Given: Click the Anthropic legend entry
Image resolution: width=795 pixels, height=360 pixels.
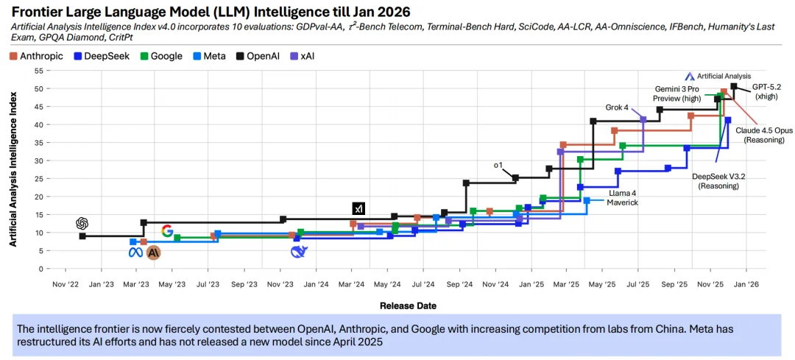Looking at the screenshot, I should [x=36, y=56].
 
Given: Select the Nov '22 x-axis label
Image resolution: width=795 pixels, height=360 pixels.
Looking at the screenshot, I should [x=65, y=283].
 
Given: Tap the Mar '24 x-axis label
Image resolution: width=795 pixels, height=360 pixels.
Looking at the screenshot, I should [x=352, y=283].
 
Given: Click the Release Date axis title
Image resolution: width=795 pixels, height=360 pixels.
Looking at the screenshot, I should [x=408, y=306].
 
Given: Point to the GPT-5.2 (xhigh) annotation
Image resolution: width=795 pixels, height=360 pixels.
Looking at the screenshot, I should [x=767, y=91].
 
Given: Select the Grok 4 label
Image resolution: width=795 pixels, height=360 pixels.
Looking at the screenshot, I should [x=617, y=107].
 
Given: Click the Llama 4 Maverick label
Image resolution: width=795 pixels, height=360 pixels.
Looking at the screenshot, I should [x=623, y=197].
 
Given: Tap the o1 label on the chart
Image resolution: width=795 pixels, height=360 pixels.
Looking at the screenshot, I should [x=498, y=166].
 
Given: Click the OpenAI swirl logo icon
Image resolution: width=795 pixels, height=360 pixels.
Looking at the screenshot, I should [x=82, y=223].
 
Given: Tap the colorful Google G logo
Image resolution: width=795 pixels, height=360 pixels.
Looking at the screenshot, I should [x=167, y=230].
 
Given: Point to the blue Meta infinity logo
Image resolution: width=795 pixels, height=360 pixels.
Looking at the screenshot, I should [x=135, y=253].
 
